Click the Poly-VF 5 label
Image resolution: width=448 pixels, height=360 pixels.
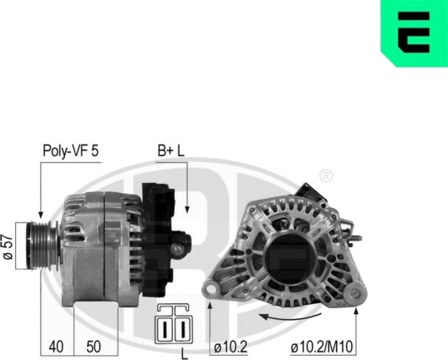(x=70, y=150)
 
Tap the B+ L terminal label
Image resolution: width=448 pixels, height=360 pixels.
(x=171, y=150)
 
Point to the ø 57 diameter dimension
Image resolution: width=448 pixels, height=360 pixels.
(x=8, y=247)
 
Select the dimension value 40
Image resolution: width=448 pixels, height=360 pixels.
(x=56, y=347)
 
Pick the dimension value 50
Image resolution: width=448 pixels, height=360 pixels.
(x=94, y=347)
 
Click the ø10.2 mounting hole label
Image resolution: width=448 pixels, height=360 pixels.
(x=231, y=347)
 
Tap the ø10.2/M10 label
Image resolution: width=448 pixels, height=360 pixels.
(x=322, y=347)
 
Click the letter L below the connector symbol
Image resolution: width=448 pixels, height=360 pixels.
(x=185, y=354)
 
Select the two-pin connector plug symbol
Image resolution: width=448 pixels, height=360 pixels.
(x=174, y=324)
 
